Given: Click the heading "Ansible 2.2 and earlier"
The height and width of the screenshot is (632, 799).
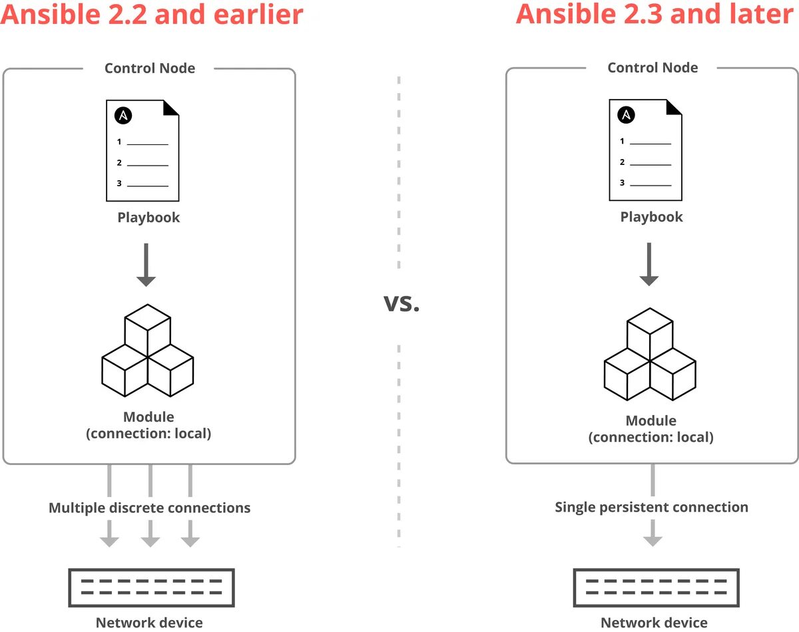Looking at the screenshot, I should pyautogui.click(x=152, y=15).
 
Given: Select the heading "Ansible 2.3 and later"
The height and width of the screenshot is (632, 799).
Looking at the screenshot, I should pyautogui.click(x=655, y=15).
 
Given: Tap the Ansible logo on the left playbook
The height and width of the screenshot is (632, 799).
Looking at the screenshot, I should pyautogui.click(x=123, y=115).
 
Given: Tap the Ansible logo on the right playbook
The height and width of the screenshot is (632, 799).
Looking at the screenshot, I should pyautogui.click(x=626, y=115).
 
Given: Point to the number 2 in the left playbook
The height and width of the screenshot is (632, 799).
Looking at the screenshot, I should pyautogui.click(x=119, y=163).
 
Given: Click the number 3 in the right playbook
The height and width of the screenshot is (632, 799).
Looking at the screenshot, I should pyautogui.click(x=622, y=183).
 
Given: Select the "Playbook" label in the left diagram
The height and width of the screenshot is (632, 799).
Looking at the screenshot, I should pyautogui.click(x=148, y=218).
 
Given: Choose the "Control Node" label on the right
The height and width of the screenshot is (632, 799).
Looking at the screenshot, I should pyautogui.click(x=653, y=68).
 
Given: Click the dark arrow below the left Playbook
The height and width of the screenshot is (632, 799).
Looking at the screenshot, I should pyautogui.click(x=146, y=265).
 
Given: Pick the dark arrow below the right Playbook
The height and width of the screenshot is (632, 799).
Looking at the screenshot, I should pyautogui.click(x=649, y=264).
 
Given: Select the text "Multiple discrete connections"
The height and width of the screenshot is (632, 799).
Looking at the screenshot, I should pyautogui.click(x=150, y=508).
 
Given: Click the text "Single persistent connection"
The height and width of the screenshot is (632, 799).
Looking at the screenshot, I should pyautogui.click(x=651, y=508).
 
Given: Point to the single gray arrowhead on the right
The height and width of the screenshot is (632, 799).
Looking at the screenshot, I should pyautogui.click(x=653, y=538).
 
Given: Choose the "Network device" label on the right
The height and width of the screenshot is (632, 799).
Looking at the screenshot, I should pyautogui.click(x=654, y=623).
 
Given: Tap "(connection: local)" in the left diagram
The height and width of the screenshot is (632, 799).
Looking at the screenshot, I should pyautogui.click(x=148, y=434).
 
